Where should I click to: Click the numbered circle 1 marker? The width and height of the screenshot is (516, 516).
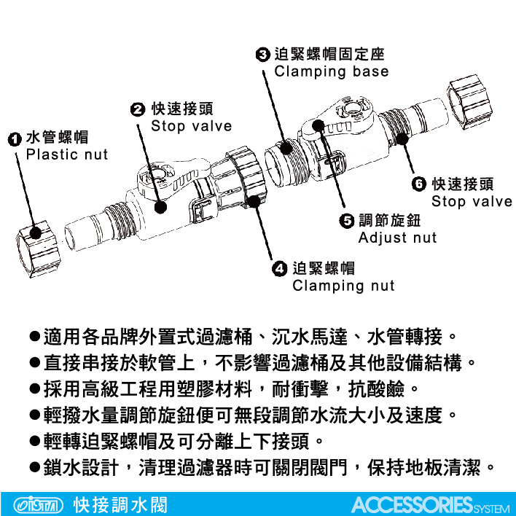point(14,139)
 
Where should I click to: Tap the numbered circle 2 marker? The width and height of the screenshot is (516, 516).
point(138,109)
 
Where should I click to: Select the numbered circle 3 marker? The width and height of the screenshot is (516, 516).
point(262,55)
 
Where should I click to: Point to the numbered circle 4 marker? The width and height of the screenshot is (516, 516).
point(280,269)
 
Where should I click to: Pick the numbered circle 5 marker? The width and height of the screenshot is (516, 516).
point(346,221)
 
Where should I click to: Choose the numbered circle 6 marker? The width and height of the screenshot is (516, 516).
point(419,184)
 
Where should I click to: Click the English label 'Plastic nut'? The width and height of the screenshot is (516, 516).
point(67,155)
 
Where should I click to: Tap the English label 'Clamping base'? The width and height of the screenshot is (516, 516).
point(332,71)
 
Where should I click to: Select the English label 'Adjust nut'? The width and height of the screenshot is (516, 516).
point(397,238)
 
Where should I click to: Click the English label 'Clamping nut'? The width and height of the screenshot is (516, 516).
point(343,286)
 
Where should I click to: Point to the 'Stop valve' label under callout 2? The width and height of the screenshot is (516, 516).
point(192,126)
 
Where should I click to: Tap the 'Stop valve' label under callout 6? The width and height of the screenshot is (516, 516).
point(472,201)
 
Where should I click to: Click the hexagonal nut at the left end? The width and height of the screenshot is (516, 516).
point(38,249)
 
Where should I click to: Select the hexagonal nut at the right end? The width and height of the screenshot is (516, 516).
point(470,102)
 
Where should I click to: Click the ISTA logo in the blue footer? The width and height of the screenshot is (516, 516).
point(39,505)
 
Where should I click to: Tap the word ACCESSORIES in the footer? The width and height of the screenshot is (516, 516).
point(413,504)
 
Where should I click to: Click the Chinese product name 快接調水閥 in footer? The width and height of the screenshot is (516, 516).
point(120,505)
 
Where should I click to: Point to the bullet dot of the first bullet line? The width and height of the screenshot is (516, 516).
point(34,336)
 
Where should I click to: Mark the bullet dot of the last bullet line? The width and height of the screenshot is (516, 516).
point(34,467)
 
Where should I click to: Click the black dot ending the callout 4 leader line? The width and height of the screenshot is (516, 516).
point(254,201)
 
